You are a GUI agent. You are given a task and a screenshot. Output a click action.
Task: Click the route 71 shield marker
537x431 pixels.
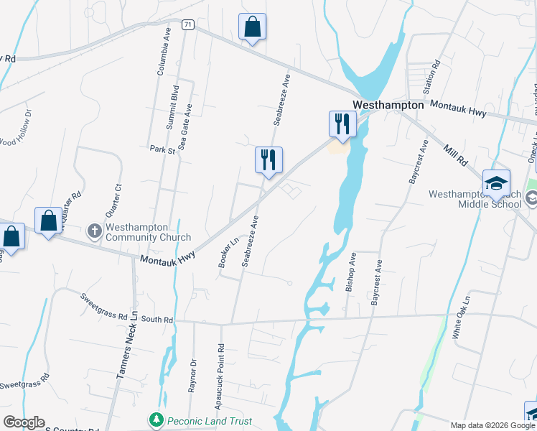point(188,24)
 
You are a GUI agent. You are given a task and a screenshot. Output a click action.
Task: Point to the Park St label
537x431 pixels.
point(162,150)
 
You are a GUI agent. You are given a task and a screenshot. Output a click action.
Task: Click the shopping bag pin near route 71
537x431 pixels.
point(252,27)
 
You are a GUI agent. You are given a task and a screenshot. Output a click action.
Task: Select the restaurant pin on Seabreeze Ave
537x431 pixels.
point(268,160)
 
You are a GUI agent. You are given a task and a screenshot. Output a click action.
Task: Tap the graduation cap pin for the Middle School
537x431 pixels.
point(496,184)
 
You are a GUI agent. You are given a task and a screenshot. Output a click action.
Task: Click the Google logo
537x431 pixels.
point(24,422)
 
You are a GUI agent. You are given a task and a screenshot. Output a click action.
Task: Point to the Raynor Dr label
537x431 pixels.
point(192,376)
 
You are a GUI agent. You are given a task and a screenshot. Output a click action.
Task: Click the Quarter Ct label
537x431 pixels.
point(118,198)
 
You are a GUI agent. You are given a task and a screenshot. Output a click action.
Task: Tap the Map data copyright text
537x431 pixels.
point(492,425)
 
